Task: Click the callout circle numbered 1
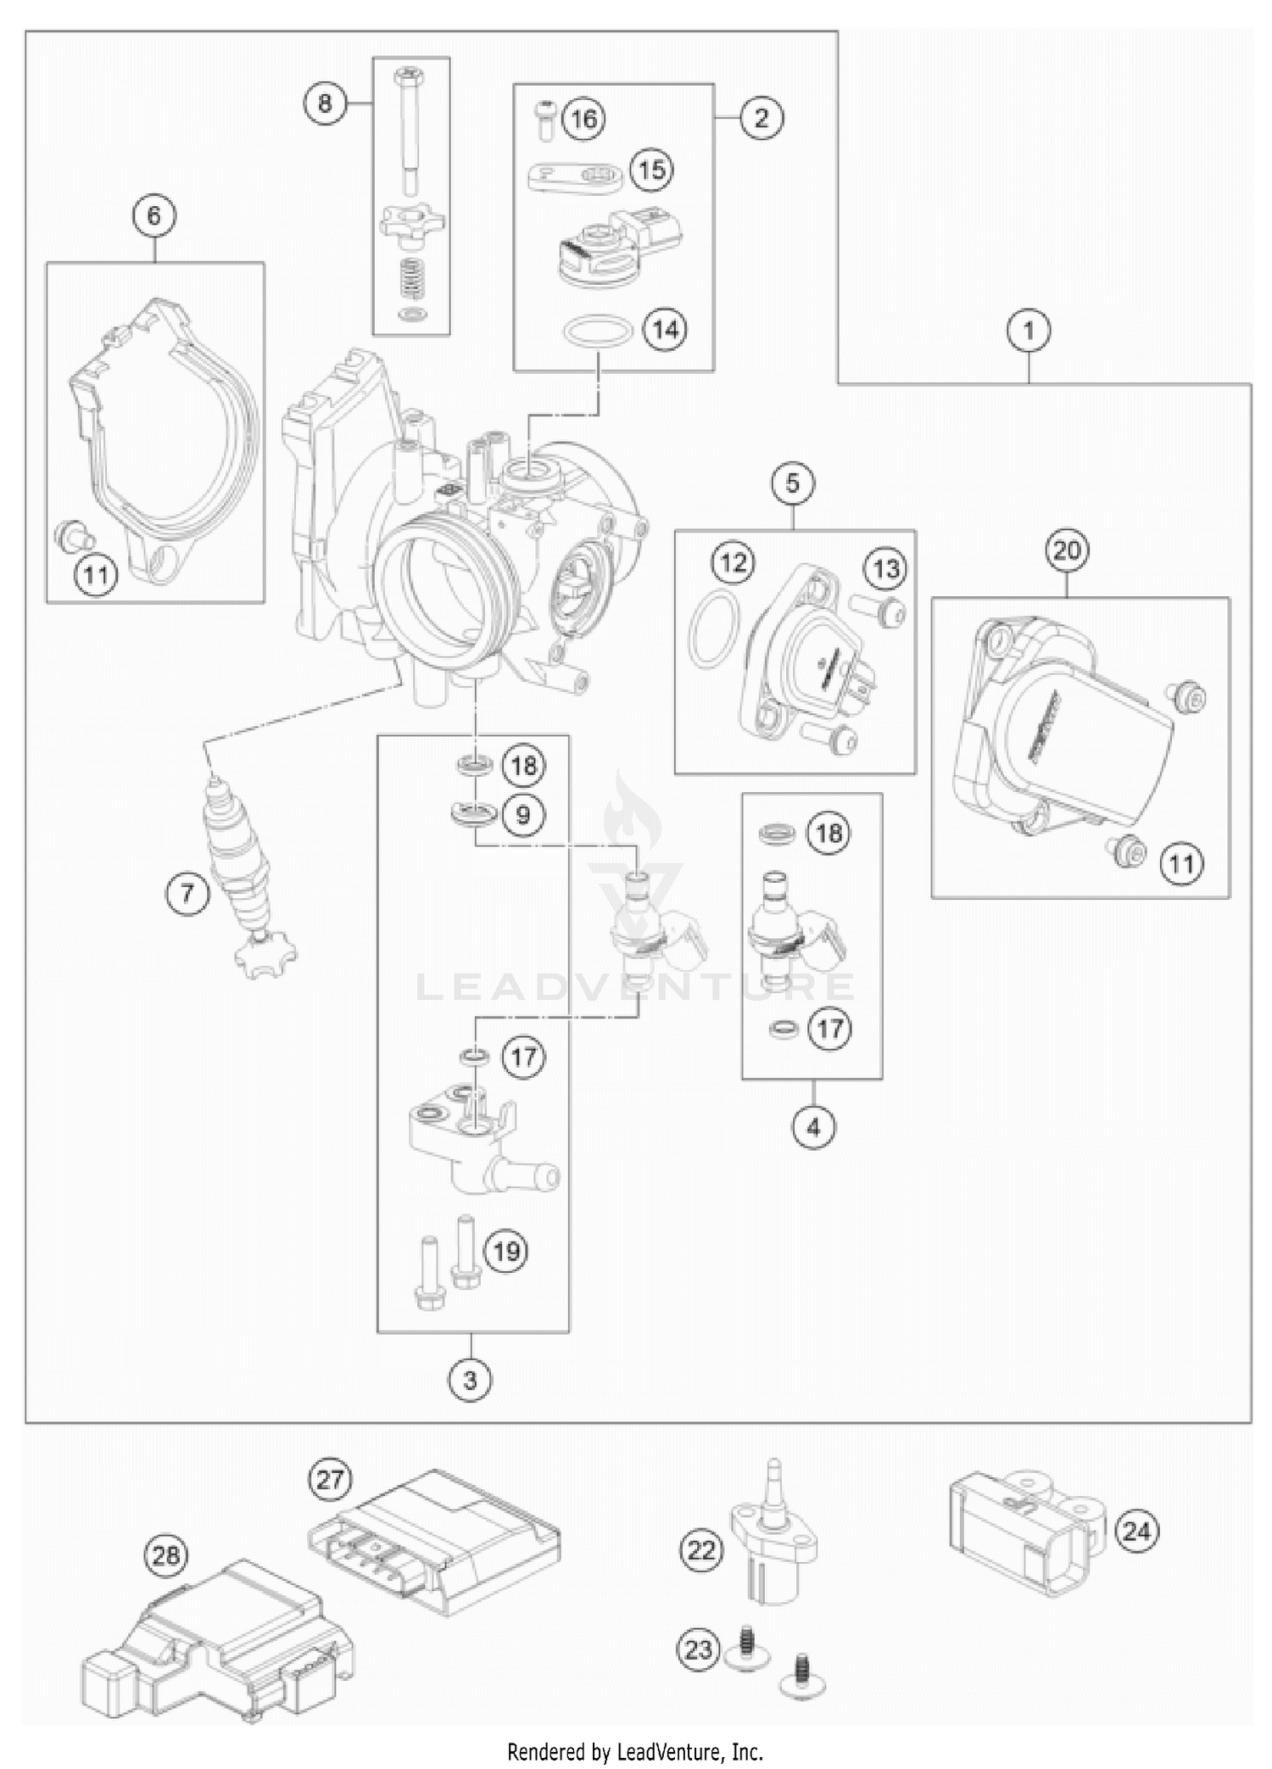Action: [x=1029, y=330]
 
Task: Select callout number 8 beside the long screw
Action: [x=325, y=103]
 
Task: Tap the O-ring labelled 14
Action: [x=598, y=331]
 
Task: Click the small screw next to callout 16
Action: [x=543, y=119]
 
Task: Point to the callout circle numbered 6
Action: [x=153, y=215]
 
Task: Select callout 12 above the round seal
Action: [x=734, y=562]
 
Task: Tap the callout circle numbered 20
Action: [x=1067, y=550]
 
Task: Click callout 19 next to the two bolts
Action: [x=506, y=1252]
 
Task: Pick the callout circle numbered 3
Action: [x=471, y=1380]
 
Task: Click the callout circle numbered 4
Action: [x=814, y=1128]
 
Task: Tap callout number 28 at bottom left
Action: [x=167, y=1555]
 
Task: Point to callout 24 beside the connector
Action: [x=1136, y=1531]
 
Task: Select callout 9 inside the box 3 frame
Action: [x=523, y=815]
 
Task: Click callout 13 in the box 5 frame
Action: [x=886, y=569]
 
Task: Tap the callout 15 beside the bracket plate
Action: [x=651, y=170]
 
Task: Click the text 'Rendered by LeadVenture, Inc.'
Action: [x=635, y=1750]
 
